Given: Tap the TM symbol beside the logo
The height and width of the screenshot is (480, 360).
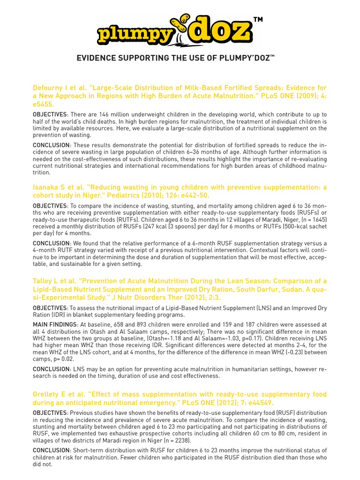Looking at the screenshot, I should pyautogui.click(x=257, y=20).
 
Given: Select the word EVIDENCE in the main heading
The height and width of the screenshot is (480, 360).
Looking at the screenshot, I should pyautogui.click(x=96, y=58).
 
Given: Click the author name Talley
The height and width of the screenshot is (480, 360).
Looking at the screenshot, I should pyautogui.click(x=43, y=281).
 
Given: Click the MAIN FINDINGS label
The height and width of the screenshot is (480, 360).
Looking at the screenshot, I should pyautogui.click(x=51, y=324).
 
